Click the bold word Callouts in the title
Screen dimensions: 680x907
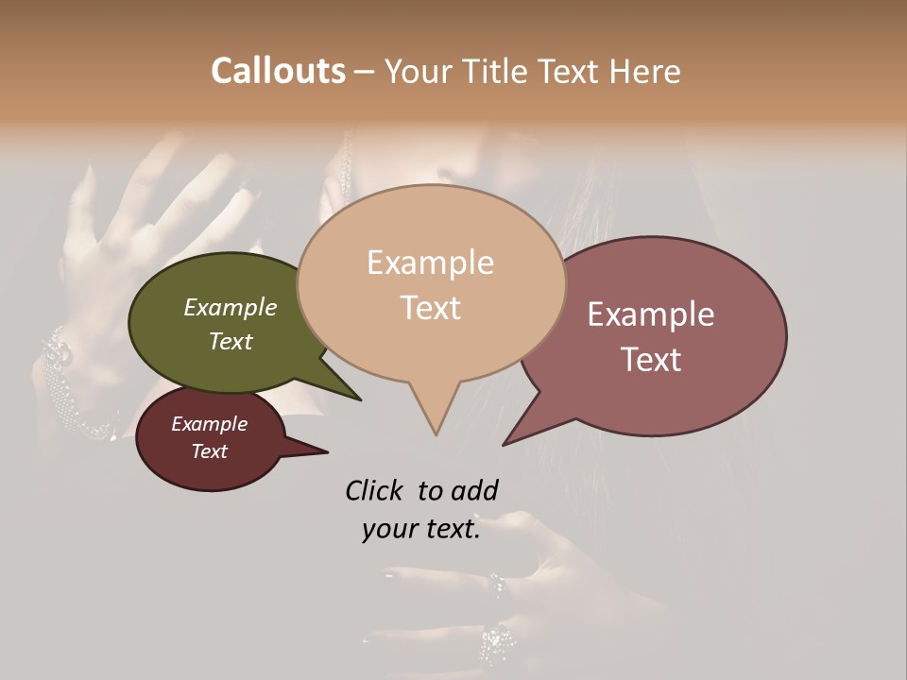point(278,71)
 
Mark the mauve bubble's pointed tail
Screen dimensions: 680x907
point(510,440)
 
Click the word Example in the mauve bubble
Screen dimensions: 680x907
point(651,314)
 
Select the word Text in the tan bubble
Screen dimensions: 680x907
point(431,308)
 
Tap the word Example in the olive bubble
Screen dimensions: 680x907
point(231,307)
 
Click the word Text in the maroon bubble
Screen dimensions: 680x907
point(210,451)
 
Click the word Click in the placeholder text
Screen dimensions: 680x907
point(375,490)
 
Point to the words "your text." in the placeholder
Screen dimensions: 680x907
point(421,530)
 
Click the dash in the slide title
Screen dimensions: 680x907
point(366,72)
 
